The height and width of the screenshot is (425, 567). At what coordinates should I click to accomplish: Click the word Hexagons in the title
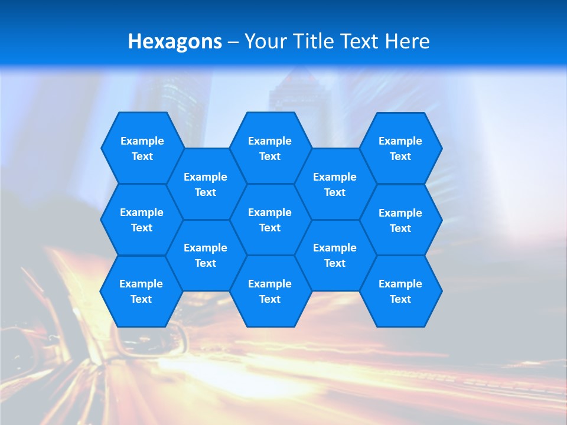point(175,41)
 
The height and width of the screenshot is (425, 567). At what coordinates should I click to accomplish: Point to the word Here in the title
point(407,41)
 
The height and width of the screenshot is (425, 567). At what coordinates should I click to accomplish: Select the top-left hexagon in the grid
point(142,148)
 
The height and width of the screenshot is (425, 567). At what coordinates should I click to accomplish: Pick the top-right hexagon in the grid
point(400,148)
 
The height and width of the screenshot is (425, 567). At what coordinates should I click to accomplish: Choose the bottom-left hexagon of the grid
point(141,291)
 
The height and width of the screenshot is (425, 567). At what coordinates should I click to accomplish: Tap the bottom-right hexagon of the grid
point(400,291)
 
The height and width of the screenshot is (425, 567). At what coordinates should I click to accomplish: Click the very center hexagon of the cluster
point(270,220)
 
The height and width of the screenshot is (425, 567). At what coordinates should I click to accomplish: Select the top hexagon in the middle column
point(270,148)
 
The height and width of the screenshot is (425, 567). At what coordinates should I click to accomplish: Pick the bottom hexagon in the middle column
point(270,291)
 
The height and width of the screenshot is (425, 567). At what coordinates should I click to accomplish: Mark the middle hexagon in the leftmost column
point(142,220)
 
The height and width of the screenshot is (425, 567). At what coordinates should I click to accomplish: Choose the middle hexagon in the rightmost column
point(400,220)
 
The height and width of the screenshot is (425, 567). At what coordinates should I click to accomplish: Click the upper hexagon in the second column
point(206,184)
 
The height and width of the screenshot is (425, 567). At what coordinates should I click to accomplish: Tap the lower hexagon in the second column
point(206,255)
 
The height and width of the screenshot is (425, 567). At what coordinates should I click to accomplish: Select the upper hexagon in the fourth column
point(335,184)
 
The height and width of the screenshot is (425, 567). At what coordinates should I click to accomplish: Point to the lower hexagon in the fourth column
point(335,255)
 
